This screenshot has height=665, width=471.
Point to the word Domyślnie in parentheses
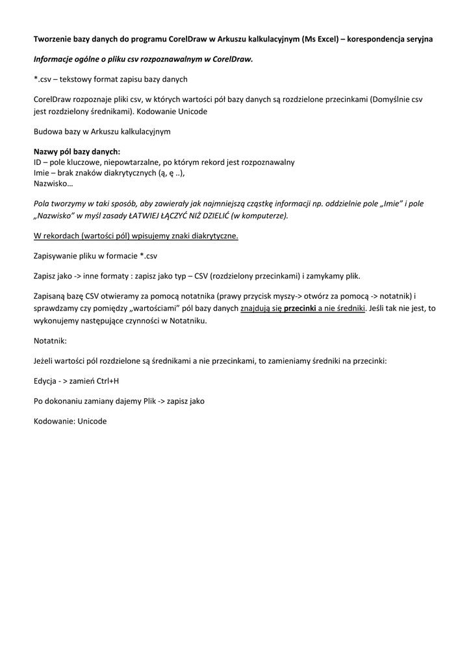(x=390, y=100)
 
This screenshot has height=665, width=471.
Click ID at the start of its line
(x=38, y=161)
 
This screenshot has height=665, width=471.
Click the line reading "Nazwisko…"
(x=53, y=182)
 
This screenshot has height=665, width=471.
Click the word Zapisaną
(x=51, y=295)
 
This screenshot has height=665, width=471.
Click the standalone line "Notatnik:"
(x=50, y=340)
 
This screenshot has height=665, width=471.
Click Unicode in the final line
(x=92, y=421)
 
